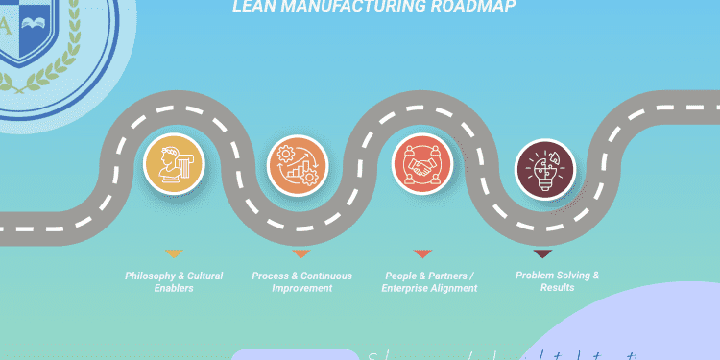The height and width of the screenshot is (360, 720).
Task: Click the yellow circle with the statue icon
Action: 174,164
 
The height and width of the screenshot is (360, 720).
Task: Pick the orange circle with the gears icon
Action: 297,164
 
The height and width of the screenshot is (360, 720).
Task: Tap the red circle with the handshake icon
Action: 422,164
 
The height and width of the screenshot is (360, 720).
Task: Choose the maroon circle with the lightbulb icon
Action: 544,169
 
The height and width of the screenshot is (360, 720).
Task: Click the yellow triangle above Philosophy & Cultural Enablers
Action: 174,254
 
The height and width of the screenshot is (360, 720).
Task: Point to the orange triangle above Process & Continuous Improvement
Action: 300,254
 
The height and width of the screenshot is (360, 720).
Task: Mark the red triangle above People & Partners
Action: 422,254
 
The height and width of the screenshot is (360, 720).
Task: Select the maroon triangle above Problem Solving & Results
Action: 542,254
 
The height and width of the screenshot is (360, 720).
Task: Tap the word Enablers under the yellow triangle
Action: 174,288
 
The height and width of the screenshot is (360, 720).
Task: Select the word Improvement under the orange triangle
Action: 301,288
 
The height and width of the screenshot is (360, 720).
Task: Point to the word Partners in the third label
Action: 433,276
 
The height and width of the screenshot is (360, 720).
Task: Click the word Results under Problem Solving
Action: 557,287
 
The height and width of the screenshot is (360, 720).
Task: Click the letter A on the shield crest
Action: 6,27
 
